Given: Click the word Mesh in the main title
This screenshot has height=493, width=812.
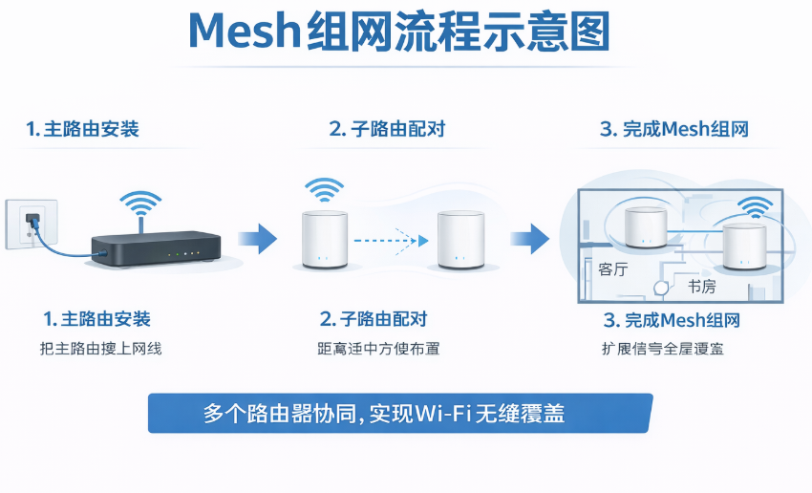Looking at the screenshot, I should click(246, 32).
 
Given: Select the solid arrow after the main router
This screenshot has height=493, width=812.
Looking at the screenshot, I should click(256, 237).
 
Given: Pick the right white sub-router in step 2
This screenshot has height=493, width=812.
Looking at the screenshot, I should click(461, 240).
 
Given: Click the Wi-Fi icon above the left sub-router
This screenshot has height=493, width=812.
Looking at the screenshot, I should click(325, 188).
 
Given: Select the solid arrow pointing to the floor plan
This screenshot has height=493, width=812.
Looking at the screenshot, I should click(527, 238).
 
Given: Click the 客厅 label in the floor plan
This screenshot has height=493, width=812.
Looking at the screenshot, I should click(613, 269).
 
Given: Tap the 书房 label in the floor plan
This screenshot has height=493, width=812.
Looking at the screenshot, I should click(702, 286).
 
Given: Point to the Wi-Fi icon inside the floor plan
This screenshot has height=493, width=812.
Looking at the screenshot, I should click(756, 206).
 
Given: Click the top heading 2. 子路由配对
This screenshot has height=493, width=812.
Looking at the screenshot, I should click(387, 129).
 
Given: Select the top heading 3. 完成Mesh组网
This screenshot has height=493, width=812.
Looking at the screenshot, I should click(673, 130).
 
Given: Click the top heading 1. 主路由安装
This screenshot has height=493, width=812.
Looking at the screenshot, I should click(83, 129).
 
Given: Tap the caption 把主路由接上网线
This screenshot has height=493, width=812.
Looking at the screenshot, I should click(96, 349).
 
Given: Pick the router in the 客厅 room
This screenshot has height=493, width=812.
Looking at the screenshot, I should click(646, 225).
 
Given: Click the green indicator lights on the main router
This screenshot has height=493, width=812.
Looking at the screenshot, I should click(182, 254).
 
